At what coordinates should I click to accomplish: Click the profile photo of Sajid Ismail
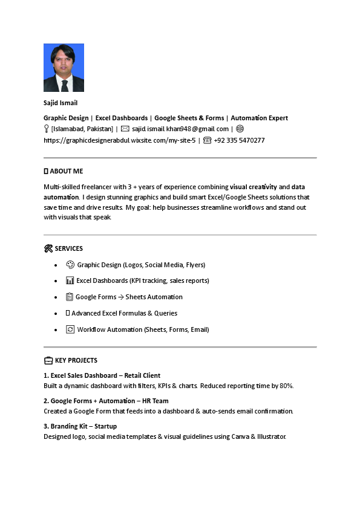pyautogui.click(x=64, y=68)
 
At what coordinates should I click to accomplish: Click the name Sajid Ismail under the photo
pyautogui.click(x=61, y=103)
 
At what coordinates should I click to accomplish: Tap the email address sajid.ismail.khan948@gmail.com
pyautogui.click(x=180, y=129)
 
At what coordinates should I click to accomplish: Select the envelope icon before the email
pyautogui.click(x=125, y=129)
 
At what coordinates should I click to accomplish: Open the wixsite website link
pyautogui.click(x=119, y=140)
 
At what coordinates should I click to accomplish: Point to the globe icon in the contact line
pyautogui.click(x=240, y=129)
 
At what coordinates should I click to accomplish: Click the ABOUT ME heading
pyautogui.click(x=66, y=171)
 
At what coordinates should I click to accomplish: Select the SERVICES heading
pyautogui.click(x=68, y=248)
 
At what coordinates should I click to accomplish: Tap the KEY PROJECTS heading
pyautogui.click(x=76, y=360)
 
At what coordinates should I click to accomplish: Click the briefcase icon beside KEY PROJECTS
pyautogui.click(x=48, y=361)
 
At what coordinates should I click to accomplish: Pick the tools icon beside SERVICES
pyautogui.click(x=48, y=248)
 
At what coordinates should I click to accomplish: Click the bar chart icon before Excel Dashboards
pyautogui.click(x=70, y=280)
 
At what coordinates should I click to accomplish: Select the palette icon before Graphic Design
pyautogui.click(x=70, y=264)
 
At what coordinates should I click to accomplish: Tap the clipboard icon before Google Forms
pyautogui.click(x=70, y=297)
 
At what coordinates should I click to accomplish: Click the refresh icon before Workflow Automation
pyautogui.click(x=70, y=329)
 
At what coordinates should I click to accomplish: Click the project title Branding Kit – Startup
pyautogui.click(x=80, y=426)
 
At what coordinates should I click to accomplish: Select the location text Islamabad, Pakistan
pyautogui.click(x=82, y=129)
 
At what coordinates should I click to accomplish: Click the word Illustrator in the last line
pyautogui.click(x=267, y=436)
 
